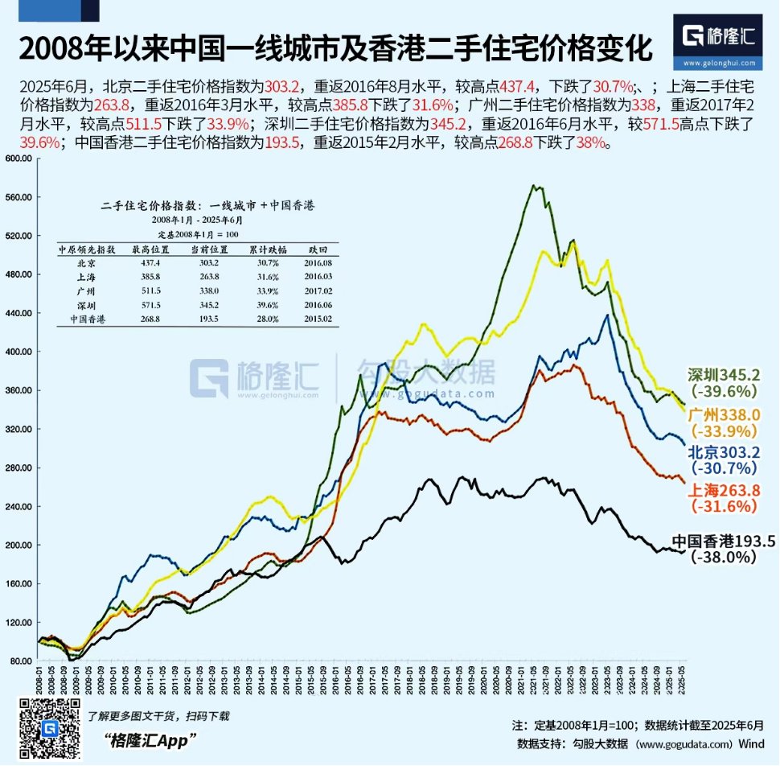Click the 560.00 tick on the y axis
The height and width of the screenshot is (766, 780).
click(17, 197)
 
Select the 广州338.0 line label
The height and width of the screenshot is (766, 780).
click(724, 415)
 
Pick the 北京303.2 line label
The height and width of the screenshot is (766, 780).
click(724, 453)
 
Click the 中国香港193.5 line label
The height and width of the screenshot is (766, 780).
click(723, 542)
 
